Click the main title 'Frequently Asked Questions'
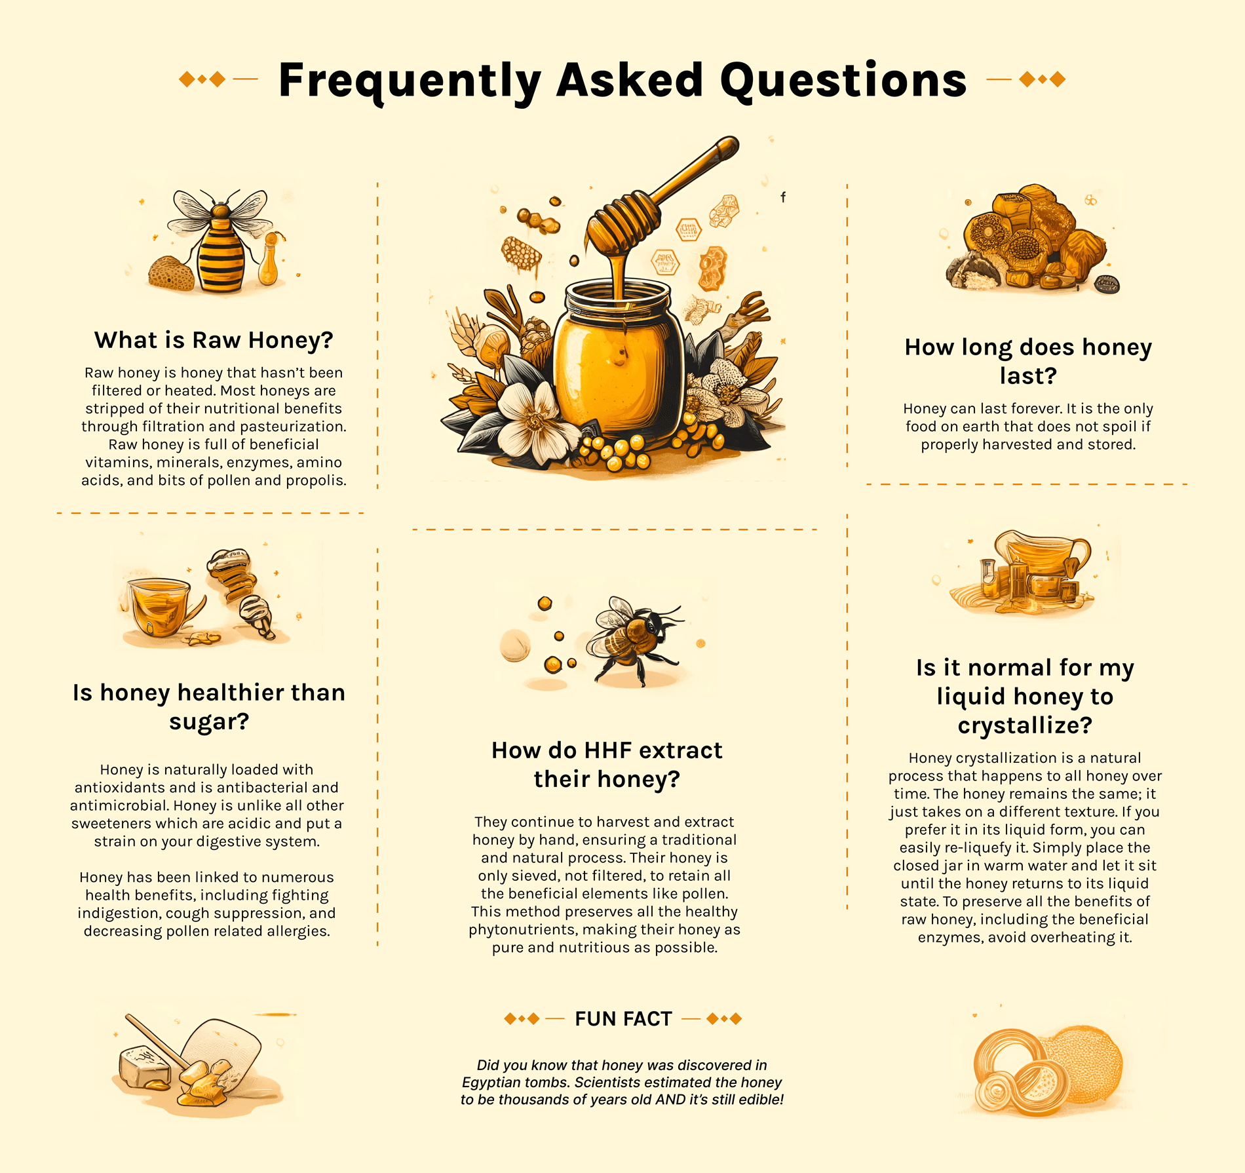coord(622,80)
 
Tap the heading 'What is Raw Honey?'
coord(214,340)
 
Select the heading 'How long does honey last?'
coord(1028,361)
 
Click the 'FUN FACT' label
coord(623,1018)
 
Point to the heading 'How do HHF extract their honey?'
coord(607,764)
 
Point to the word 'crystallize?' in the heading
coord(1025,725)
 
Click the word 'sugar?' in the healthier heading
coord(209,721)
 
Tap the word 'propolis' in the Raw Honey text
coord(319,481)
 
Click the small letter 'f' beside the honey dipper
coord(783,197)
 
